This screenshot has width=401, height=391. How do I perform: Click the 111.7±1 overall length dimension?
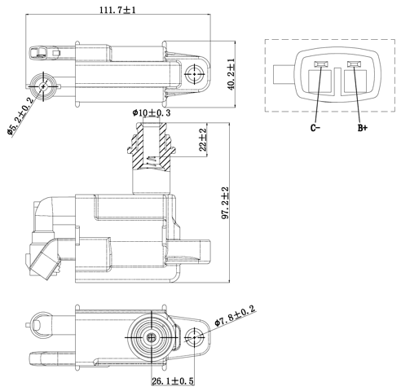coord(118,11)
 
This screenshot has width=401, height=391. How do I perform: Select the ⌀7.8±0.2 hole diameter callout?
coord(236,316)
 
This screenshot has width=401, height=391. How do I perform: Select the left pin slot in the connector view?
coord(319,64)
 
